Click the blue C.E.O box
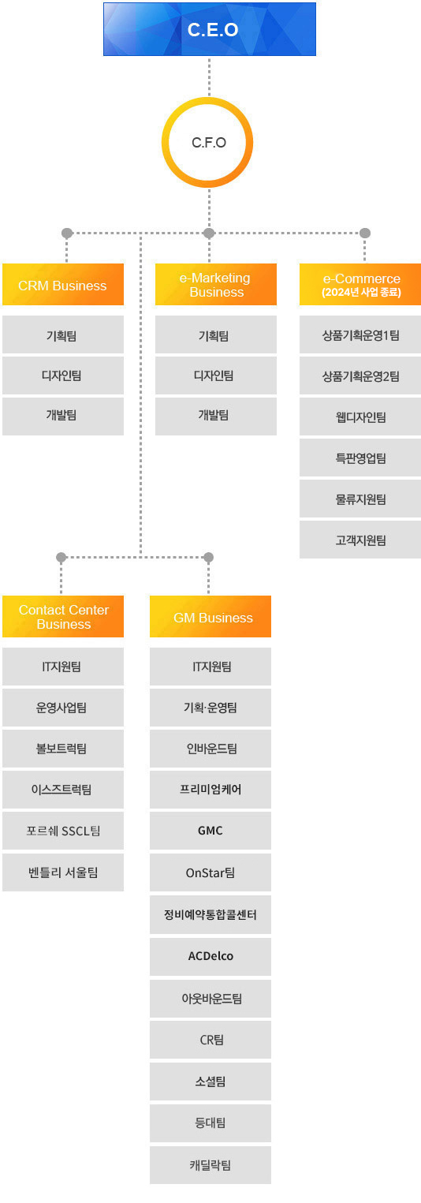tap(210, 29)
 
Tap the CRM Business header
tap(63, 285)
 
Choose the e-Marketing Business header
tap(216, 285)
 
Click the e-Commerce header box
tap(360, 285)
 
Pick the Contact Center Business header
tap(63, 617)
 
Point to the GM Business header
tap(210, 617)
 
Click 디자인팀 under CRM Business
tap(63, 375)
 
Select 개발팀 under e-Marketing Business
tap(216, 417)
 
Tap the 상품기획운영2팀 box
tap(360, 376)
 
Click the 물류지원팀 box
tap(360, 499)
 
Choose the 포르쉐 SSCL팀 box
tap(63, 831)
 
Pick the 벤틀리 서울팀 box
tap(63, 872)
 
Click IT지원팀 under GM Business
tap(210, 667)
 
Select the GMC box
tap(210, 831)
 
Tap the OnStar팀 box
tap(210, 872)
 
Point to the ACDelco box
tap(210, 957)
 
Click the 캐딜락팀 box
tap(210, 1165)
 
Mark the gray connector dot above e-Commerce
tap(365, 233)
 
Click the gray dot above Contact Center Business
tap(61, 558)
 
